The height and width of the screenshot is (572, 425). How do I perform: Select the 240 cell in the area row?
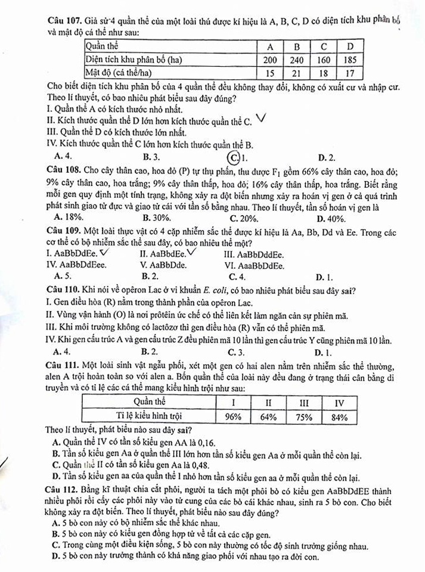click(297, 60)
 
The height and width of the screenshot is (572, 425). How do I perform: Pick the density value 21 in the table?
click(297, 73)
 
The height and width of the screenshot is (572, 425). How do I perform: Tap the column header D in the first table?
click(350, 46)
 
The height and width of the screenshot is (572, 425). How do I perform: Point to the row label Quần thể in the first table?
click(103, 46)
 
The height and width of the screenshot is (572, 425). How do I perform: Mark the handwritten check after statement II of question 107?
click(260, 119)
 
